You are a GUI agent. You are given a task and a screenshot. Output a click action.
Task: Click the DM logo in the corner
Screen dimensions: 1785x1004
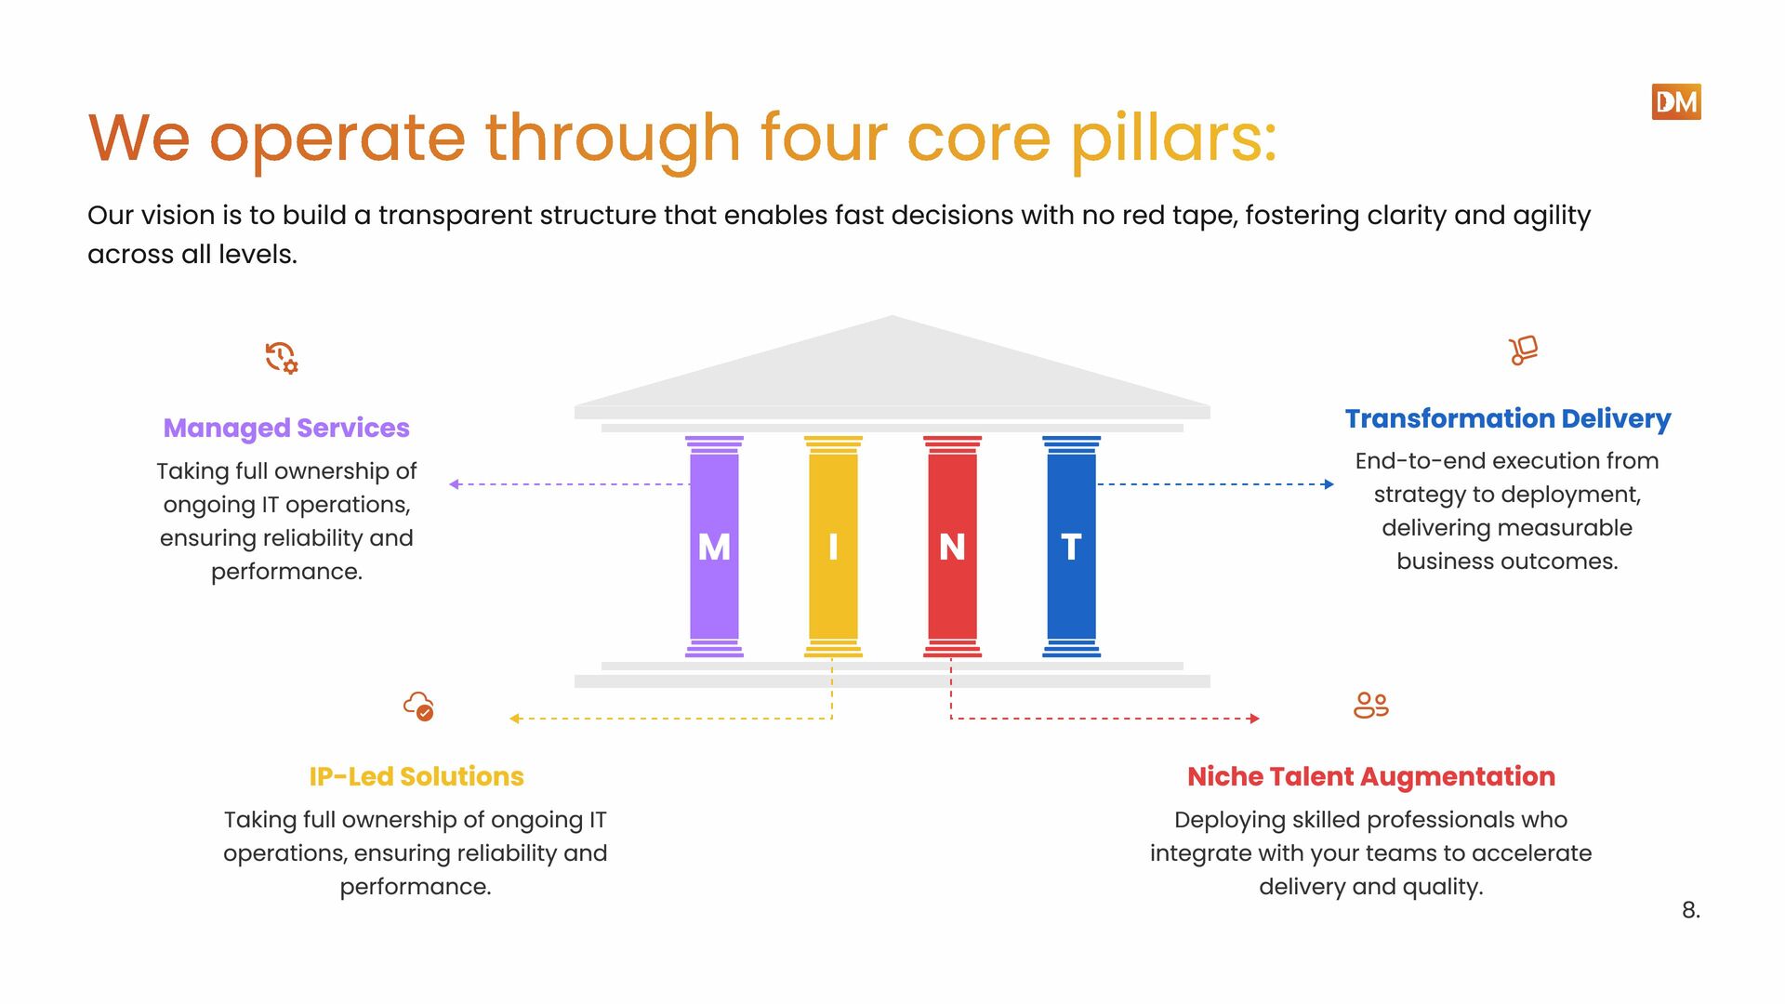coord(1675,102)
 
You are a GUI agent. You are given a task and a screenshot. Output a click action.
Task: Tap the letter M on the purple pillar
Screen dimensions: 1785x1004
coord(714,547)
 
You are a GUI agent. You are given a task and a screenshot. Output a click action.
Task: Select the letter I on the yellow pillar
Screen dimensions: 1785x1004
coord(833,547)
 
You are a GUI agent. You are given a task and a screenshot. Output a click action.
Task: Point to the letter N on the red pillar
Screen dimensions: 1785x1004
coord(952,547)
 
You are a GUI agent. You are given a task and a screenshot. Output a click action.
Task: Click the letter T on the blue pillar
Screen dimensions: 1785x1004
coord(1071,547)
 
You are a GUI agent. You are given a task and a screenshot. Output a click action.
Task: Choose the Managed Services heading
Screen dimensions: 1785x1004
coord(286,428)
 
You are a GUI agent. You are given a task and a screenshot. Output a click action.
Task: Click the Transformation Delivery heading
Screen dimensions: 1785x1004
coord(1507,418)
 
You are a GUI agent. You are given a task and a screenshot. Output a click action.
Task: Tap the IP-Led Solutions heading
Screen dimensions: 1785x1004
coord(416,776)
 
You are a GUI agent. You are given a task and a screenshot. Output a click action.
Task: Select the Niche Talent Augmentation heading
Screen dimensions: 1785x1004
coord(1371,776)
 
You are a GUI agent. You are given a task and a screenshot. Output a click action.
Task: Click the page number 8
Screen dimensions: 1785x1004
coord(1690,910)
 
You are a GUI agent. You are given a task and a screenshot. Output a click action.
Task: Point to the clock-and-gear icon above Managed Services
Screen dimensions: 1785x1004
coord(281,358)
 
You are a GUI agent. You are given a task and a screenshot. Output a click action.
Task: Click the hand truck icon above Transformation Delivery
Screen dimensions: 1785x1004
coord(1523,350)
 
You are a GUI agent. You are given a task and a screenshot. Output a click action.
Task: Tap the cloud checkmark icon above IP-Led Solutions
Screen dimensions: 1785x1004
coord(418,706)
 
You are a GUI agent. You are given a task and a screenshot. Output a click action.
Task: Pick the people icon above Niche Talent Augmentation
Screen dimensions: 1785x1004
coord(1371,705)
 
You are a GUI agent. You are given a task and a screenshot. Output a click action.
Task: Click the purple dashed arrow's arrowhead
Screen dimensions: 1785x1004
coord(455,484)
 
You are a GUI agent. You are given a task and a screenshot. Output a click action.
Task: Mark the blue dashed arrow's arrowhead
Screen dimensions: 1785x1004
coord(1329,484)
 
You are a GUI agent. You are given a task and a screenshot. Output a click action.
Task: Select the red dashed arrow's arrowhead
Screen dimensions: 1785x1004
coord(1254,719)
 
